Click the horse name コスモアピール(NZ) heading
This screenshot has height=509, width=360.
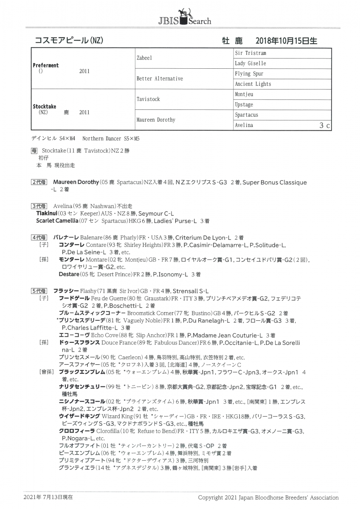69,40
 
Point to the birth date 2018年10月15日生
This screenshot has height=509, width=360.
286,41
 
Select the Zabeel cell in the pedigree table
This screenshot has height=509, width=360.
144,58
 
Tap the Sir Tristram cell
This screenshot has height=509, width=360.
250,53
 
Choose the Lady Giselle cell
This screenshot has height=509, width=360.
250,64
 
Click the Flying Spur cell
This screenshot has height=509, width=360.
249,74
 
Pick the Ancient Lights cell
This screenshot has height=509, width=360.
253,84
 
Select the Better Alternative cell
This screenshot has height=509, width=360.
160,79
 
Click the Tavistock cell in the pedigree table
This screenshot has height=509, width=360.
148,99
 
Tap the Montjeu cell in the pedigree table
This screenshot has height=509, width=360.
244,94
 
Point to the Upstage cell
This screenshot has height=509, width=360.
244,105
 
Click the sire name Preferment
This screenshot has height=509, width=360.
46,65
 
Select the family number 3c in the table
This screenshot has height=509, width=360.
325,126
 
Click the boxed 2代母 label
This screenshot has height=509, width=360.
40,182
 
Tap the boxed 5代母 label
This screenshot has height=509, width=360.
40,291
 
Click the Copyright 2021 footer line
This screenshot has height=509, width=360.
268,497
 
